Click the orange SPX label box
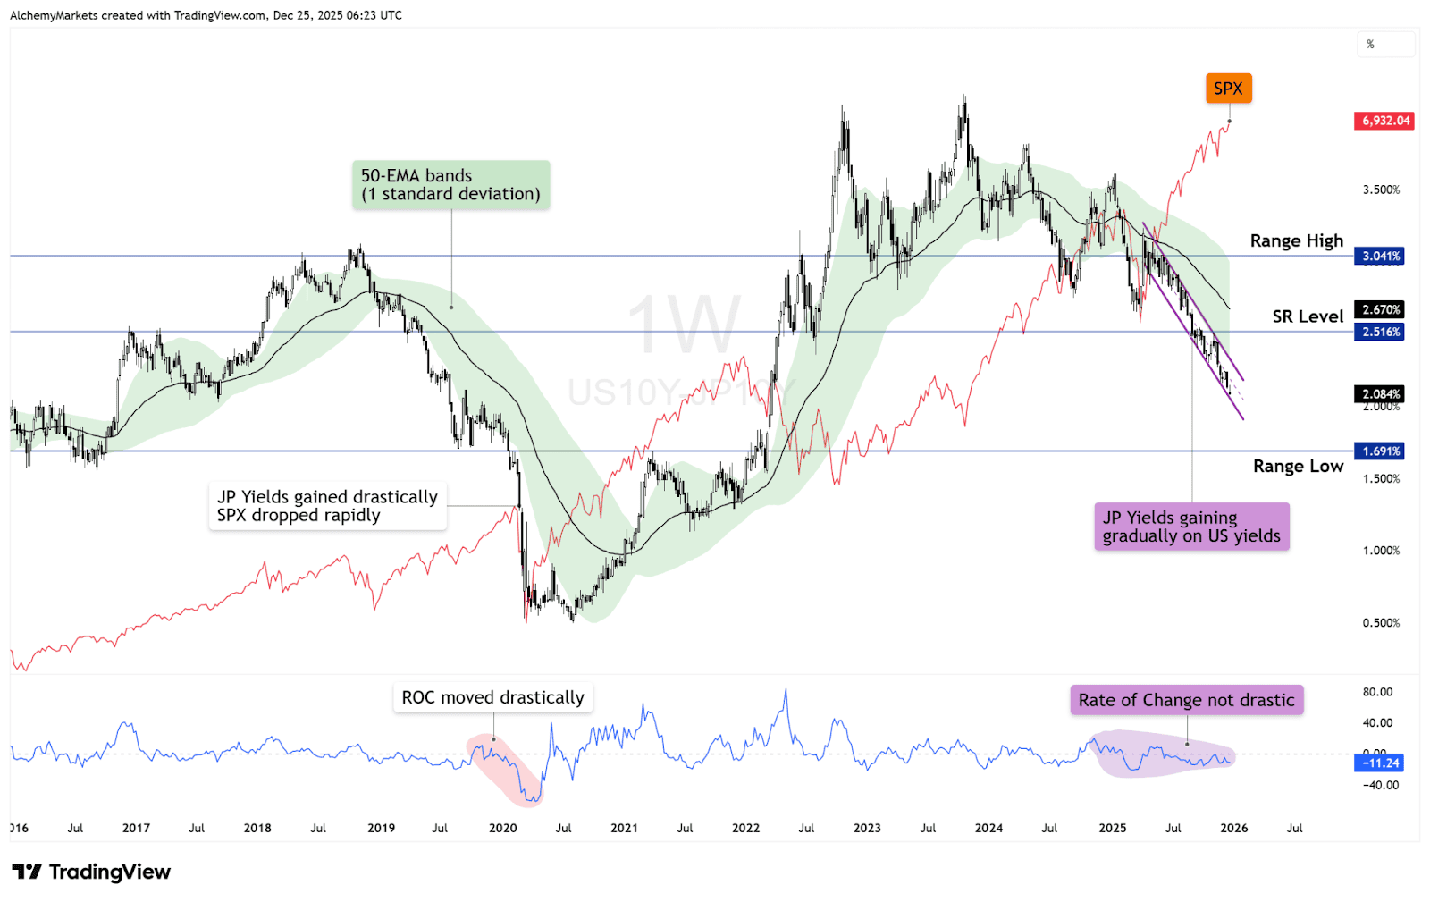[1228, 89]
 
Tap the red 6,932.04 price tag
[1384, 121]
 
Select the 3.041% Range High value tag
[1381, 257]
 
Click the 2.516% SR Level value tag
[1381, 332]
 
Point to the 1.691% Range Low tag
[1381, 451]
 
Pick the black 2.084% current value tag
[1381, 394]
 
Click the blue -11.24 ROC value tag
[1381, 763]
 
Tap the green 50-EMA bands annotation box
[450, 185]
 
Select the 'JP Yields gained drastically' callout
[327, 506]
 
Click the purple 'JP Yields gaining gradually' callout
[1191, 527]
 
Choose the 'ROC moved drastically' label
[492, 697]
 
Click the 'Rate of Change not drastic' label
[1186, 700]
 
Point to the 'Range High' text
[1296, 241]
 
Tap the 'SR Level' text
[1308, 316]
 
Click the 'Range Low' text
[1298, 467]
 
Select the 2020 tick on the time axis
[503, 829]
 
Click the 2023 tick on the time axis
[867, 829]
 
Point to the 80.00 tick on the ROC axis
[1377, 692]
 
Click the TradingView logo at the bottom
[91, 872]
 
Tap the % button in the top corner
[1370, 44]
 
